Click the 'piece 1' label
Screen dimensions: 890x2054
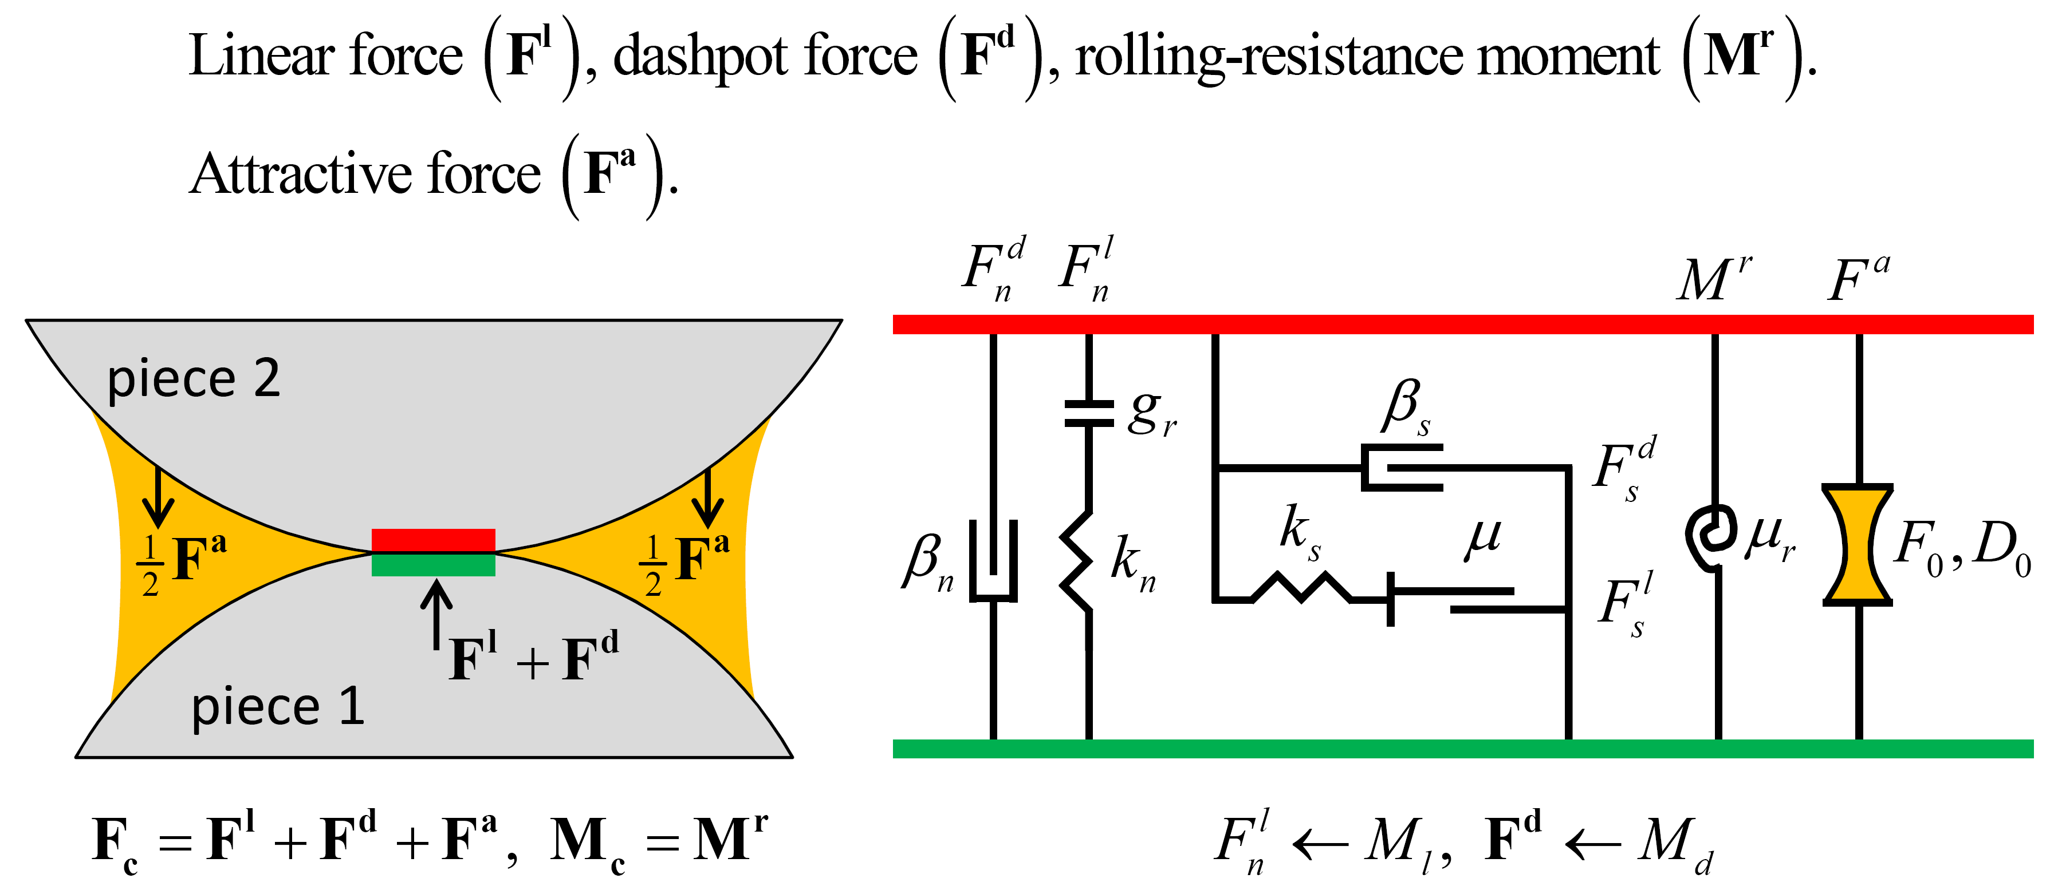(x=277, y=707)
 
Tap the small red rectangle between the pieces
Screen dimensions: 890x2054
(x=433, y=540)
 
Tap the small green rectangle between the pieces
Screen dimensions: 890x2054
(x=433, y=564)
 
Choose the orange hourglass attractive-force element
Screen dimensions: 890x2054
(x=1858, y=544)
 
